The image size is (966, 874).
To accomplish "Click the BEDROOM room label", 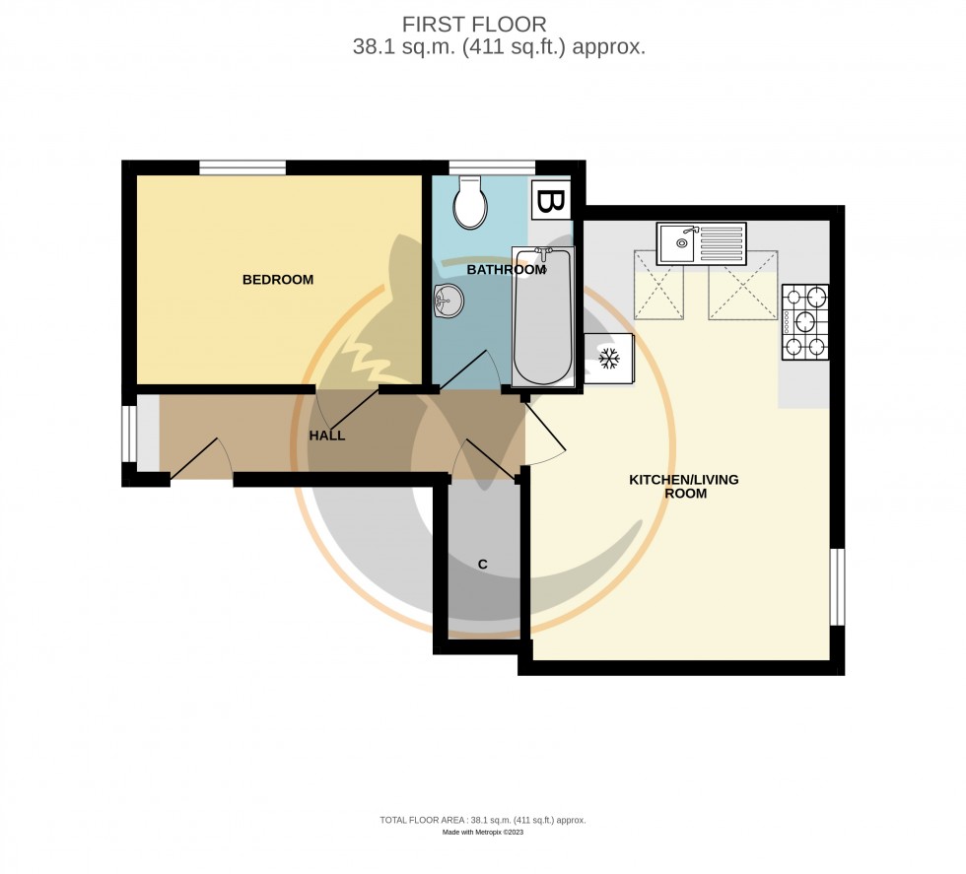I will (x=278, y=280).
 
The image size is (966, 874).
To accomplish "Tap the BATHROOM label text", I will (x=506, y=270).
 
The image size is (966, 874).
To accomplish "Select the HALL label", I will (x=327, y=436).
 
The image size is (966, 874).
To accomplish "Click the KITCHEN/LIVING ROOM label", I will (x=684, y=487).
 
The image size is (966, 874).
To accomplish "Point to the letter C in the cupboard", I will (x=483, y=565).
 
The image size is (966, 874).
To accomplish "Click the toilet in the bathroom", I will (x=469, y=202).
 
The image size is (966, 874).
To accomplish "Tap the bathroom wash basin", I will (x=448, y=300).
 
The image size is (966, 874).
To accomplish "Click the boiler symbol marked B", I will (x=549, y=202).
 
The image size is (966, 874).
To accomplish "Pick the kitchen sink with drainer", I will (x=703, y=242).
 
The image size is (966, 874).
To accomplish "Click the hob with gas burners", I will (x=804, y=321).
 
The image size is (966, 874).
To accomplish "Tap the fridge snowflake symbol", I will (x=608, y=359).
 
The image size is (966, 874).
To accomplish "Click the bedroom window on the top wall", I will (x=242, y=168).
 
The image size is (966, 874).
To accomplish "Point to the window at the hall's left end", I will (x=128, y=434).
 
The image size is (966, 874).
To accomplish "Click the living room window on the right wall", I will (x=837, y=586).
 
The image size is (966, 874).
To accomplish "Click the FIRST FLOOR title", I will (x=474, y=24).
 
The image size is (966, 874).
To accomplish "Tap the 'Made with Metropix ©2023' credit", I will (x=483, y=833).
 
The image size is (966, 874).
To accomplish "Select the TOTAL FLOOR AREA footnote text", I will (x=483, y=820).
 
